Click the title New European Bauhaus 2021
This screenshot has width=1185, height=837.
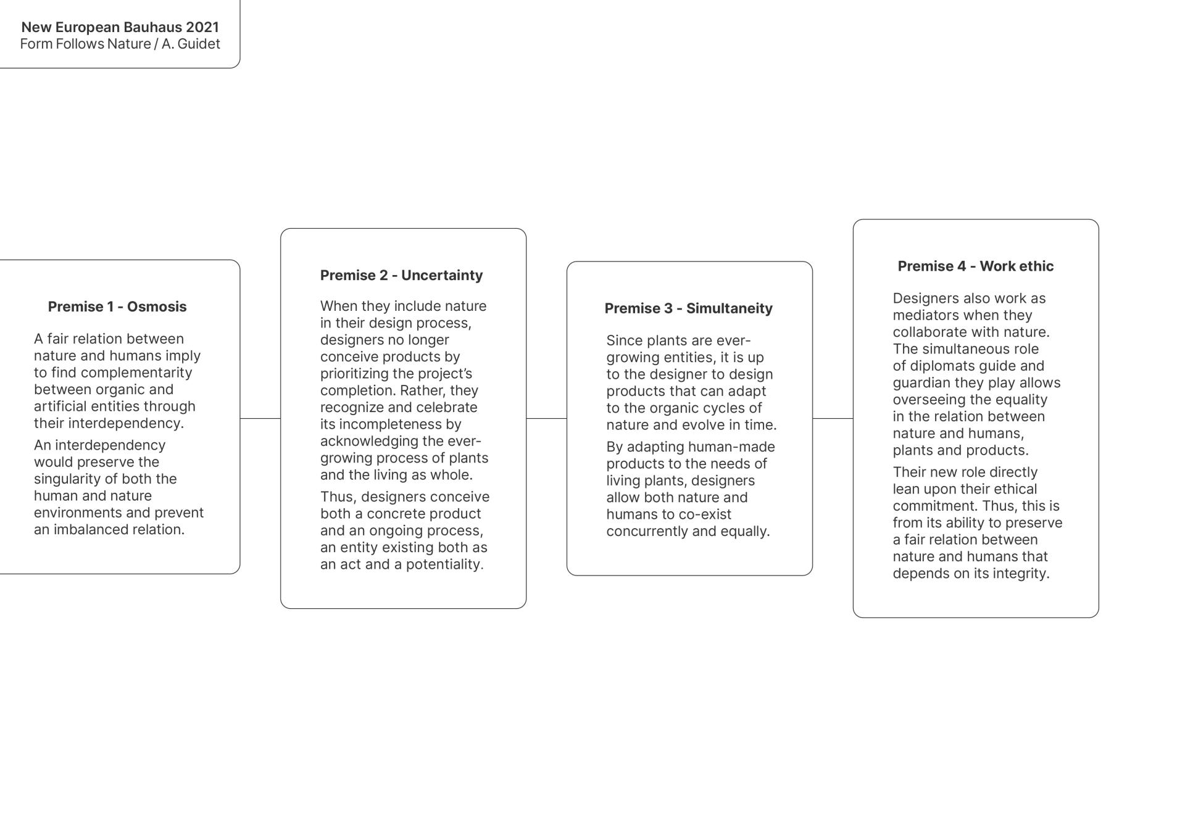click(120, 27)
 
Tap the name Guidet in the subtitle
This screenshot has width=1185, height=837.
click(199, 44)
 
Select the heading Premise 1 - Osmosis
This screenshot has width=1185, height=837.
click(117, 307)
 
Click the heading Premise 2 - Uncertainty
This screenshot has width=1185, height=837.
click(401, 275)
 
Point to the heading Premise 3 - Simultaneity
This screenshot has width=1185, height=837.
click(688, 308)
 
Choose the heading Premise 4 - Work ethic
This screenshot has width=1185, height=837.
click(975, 266)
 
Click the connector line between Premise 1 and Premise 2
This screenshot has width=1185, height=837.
click(260, 418)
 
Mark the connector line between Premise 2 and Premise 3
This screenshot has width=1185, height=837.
click(546, 418)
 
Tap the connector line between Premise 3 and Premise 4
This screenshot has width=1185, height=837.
click(833, 418)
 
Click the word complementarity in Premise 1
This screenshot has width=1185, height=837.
click(136, 373)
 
